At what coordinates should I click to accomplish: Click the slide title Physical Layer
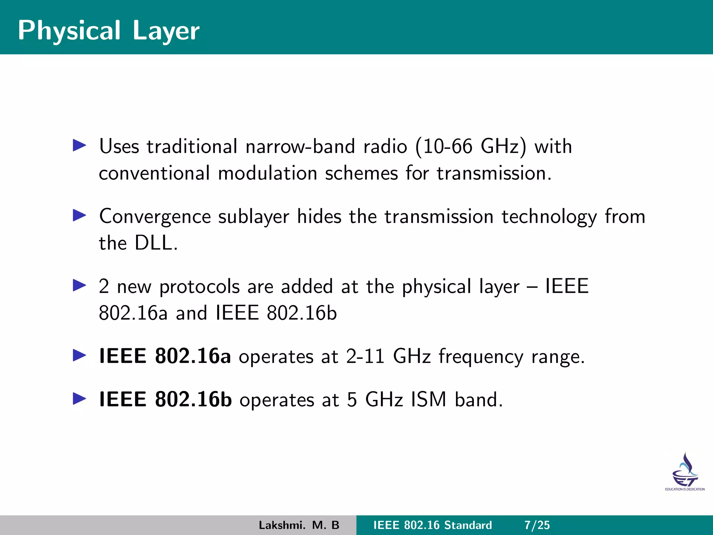point(109,31)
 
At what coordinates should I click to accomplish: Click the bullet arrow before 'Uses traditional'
point(79,145)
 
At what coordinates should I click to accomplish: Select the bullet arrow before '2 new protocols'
point(79,285)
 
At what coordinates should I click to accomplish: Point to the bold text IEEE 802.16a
point(165,356)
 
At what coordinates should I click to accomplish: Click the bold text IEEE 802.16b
point(165,399)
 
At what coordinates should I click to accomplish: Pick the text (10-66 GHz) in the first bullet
point(471,146)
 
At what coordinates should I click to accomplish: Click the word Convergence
point(155,217)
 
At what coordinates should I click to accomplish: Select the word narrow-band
point(300,146)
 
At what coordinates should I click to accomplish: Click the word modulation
point(267,173)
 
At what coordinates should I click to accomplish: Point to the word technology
point(549,217)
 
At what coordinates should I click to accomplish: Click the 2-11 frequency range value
point(365,356)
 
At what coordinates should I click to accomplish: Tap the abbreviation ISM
point(429,400)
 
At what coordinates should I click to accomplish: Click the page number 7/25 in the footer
point(537,525)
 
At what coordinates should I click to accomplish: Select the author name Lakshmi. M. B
point(299,525)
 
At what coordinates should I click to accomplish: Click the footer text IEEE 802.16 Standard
point(432,525)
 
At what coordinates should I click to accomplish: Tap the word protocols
point(199,287)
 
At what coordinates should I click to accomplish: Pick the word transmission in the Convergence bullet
point(439,217)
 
